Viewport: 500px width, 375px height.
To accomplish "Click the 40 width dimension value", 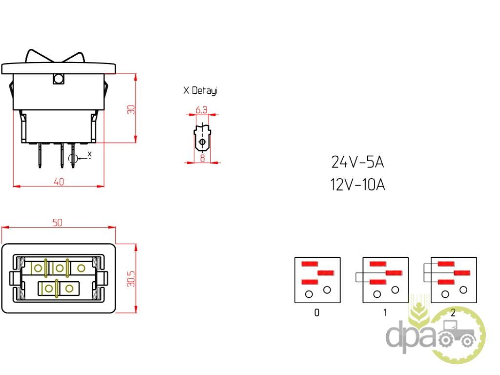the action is (59, 182).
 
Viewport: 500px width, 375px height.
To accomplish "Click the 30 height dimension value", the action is (131, 110).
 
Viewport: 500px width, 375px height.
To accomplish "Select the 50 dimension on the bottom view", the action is (58, 223).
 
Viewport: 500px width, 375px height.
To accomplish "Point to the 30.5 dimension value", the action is (131, 279).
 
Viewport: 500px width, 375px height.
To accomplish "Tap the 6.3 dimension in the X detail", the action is (201, 110).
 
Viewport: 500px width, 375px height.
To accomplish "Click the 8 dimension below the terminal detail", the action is (202, 158).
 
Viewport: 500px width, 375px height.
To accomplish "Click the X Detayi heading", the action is (201, 90).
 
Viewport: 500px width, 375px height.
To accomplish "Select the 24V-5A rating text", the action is (357, 162).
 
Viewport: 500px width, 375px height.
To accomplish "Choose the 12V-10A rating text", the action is (357, 185).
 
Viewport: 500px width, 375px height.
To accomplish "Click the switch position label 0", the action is (316, 312).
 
